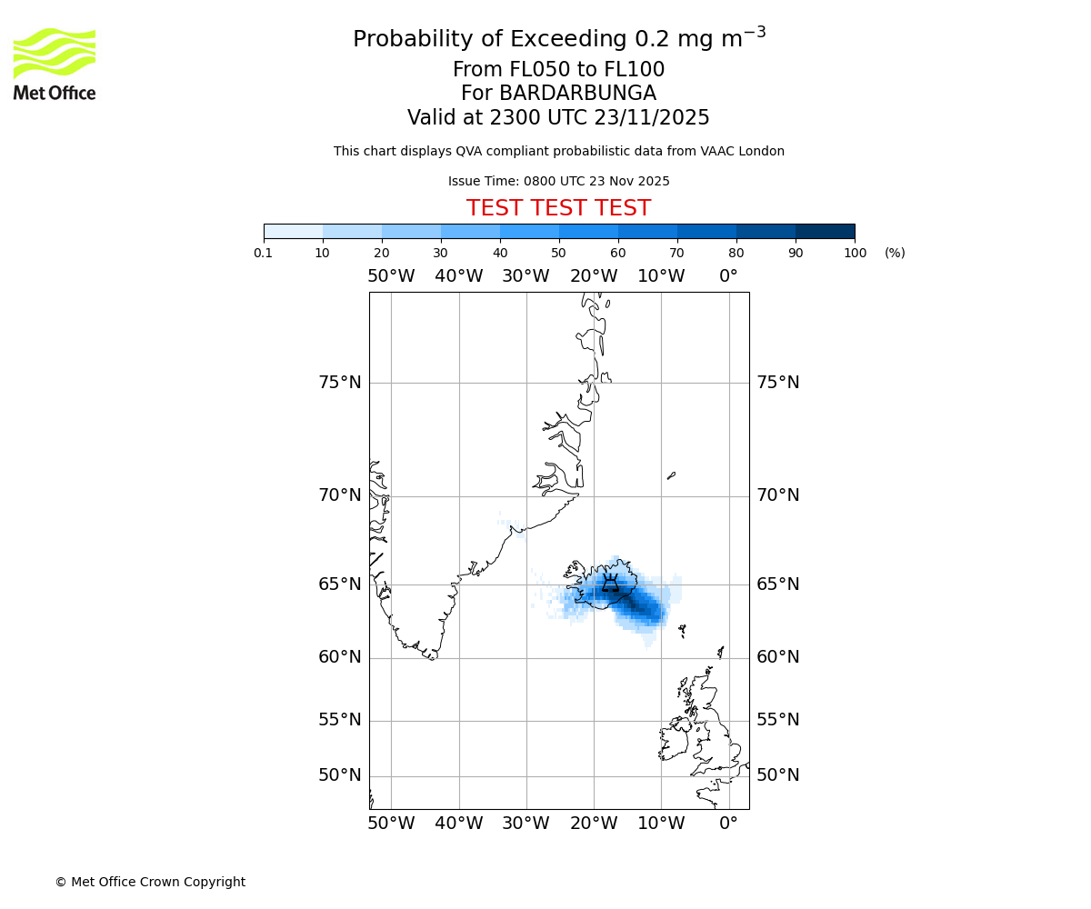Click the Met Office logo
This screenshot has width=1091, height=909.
click(55, 64)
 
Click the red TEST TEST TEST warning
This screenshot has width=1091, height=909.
click(558, 208)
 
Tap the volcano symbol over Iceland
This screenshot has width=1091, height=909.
click(610, 584)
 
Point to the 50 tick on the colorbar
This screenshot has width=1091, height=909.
click(559, 253)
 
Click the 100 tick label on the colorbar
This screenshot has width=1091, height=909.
click(855, 253)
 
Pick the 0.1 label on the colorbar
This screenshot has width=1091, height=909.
click(264, 253)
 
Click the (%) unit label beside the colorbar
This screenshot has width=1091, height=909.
click(895, 253)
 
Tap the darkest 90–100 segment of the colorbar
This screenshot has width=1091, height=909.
click(825, 231)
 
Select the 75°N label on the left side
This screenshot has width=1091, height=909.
click(339, 383)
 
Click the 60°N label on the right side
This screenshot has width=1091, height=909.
click(778, 657)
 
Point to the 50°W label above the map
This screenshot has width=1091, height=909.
click(391, 276)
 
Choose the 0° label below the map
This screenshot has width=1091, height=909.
click(728, 824)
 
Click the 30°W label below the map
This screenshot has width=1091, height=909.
click(525, 824)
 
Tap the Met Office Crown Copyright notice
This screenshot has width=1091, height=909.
click(150, 882)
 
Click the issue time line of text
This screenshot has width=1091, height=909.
click(558, 181)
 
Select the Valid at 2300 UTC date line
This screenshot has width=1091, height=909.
click(558, 118)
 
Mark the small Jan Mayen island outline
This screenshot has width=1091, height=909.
click(671, 474)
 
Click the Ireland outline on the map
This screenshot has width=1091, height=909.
click(675, 741)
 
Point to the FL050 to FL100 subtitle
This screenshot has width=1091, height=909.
click(558, 70)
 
